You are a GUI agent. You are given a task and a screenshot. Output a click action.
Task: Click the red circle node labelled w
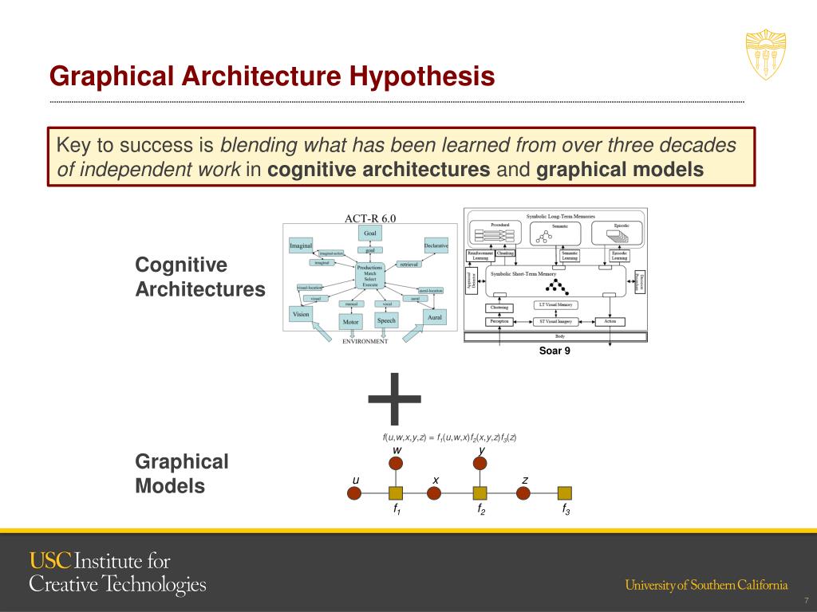pyautogui.click(x=397, y=465)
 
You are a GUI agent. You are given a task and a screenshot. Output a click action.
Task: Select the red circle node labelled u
pyautogui.click(x=355, y=492)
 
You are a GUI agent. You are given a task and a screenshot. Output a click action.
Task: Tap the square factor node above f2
pyautogui.click(x=480, y=493)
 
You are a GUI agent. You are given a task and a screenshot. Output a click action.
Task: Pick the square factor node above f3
pyautogui.click(x=565, y=493)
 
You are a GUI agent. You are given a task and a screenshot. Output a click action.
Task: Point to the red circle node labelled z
pyautogui.click(x=523, y=492)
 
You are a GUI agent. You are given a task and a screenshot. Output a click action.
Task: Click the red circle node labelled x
pyautogui.click(x=434, y=492)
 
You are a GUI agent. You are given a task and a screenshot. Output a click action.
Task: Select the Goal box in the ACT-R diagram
pyautogui.click(x=370, y=233)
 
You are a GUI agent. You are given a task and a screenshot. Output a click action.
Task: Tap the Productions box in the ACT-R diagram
pyautogui.click(x=370, y=275)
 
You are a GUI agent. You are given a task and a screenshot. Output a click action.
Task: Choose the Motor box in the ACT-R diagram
pyautogui.click(x=350, y=321)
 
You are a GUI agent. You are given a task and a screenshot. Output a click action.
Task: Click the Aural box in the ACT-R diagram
pyautogui.click(x=435, y=316)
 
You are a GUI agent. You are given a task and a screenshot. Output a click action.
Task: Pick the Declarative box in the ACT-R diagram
pyautogui.click(x=436, y=245)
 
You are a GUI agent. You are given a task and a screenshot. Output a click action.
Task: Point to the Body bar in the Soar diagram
pyautogui.click(x=555, y=337)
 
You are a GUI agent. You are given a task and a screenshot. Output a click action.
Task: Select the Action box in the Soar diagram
pyautogui.click(x=610, y=322)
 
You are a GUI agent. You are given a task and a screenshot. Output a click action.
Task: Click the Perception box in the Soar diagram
pyautogui.click(x=499, y=322)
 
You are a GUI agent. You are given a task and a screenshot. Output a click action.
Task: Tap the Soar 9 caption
pyautogui.click(x=555, y=350)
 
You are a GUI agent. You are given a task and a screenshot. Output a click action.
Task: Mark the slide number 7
pyautogui.click(x=806, y=600)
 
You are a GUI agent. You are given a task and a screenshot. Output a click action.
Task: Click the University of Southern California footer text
pyautogui.click(x=706, y=586)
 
